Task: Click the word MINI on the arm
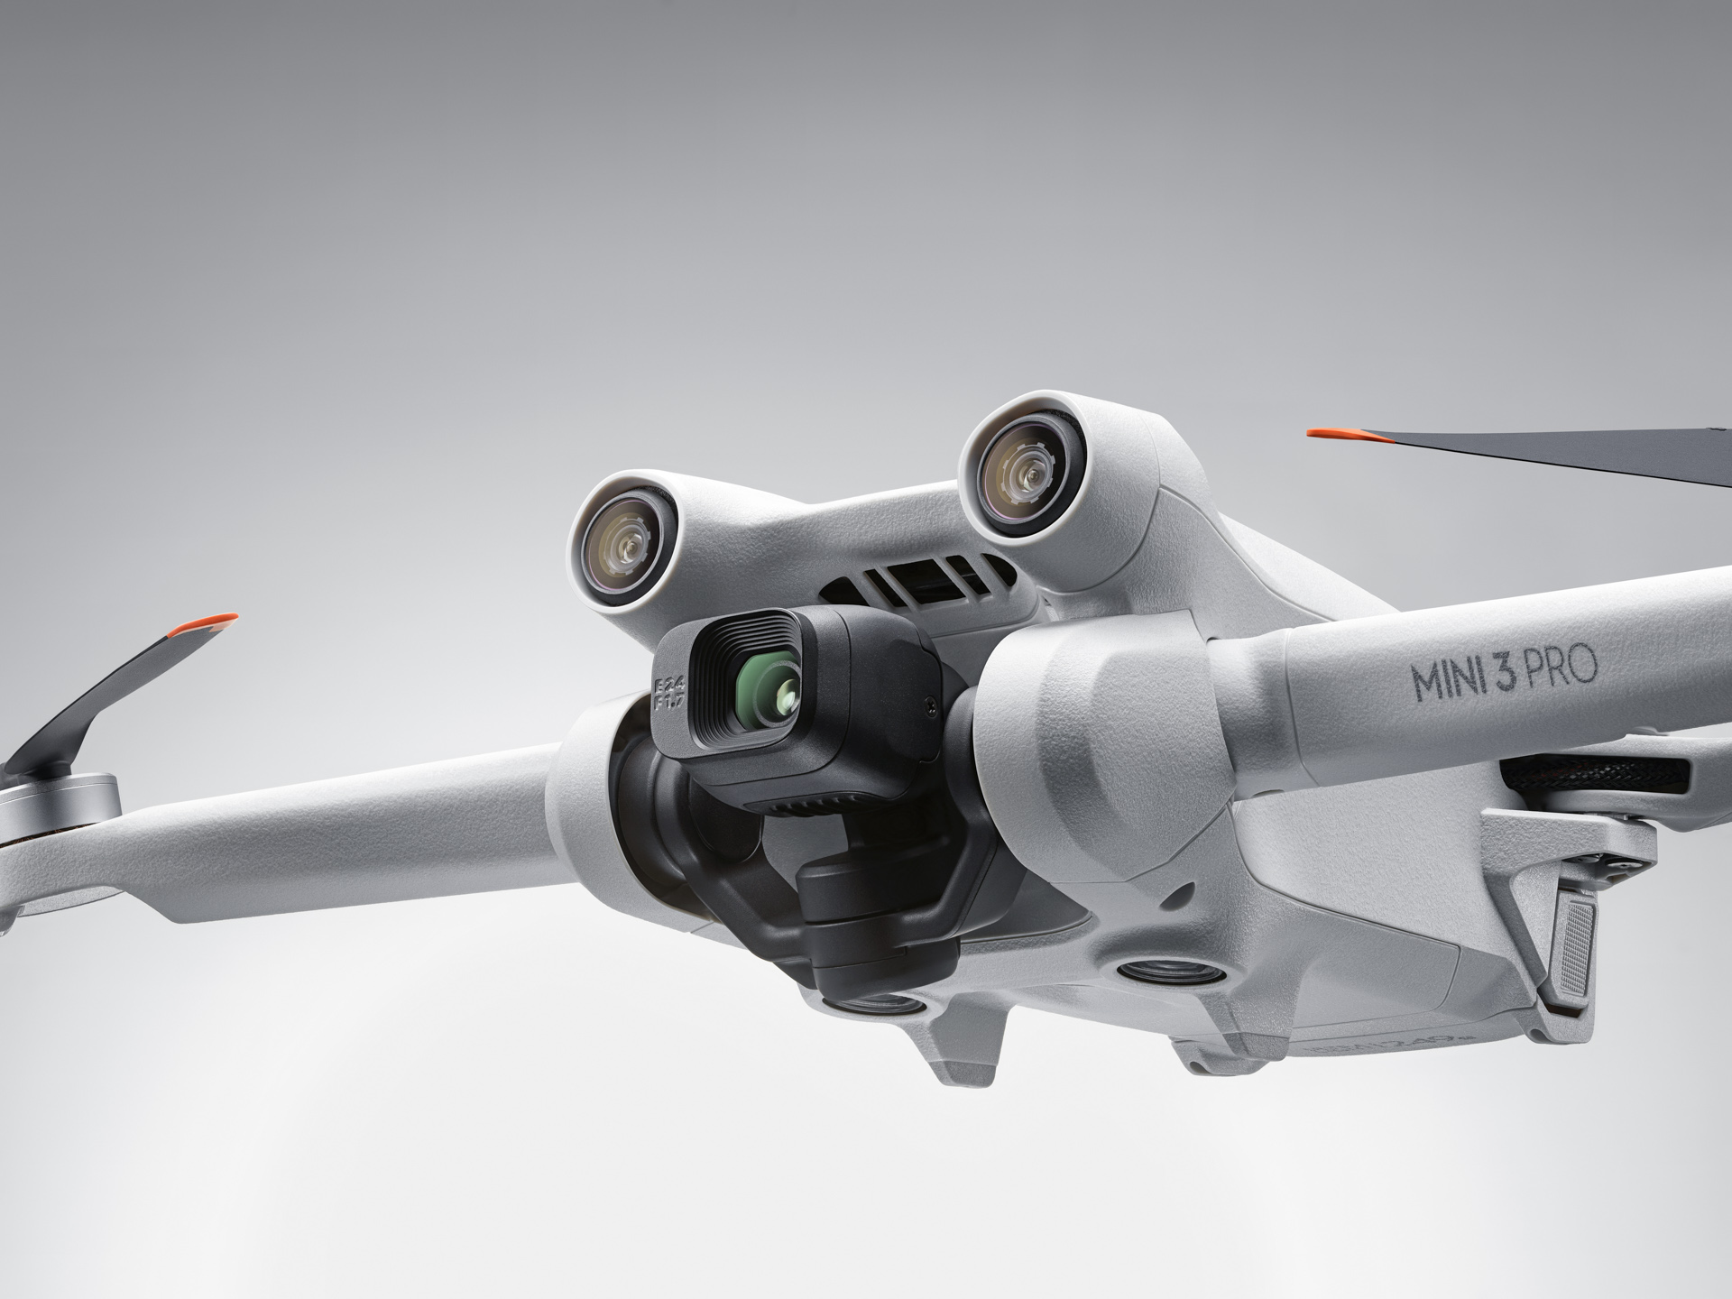(x=1448, y=679)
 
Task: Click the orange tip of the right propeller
(x=1344, y=436)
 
